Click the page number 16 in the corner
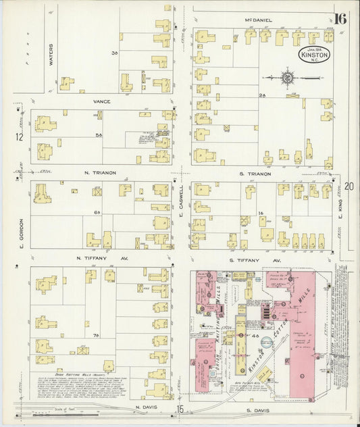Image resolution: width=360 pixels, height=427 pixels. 339,18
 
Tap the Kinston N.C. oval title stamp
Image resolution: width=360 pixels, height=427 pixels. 314,54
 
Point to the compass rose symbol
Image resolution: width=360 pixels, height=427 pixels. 288,78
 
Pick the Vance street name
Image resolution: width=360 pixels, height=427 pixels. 102,101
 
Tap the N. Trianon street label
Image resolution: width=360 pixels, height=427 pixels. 100,174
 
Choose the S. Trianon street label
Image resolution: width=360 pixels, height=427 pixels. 255,174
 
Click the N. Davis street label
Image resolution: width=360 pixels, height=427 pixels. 145,407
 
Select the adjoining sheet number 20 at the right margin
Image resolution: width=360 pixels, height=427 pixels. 349,186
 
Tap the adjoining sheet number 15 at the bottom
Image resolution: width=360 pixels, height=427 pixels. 180,409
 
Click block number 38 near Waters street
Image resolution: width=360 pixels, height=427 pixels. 115,53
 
